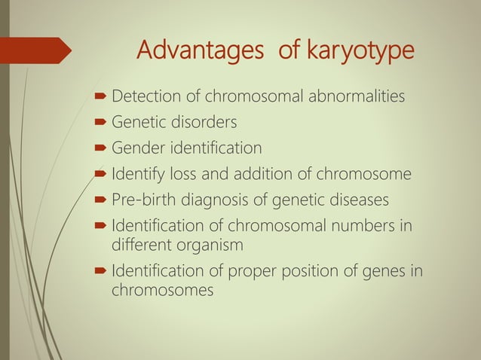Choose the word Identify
(136, 175)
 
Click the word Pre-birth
(144, 200)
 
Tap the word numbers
(367, 226)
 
